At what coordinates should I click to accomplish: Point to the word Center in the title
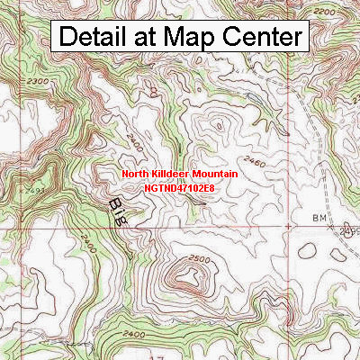(266, 37)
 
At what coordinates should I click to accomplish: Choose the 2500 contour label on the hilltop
(199, 258)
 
